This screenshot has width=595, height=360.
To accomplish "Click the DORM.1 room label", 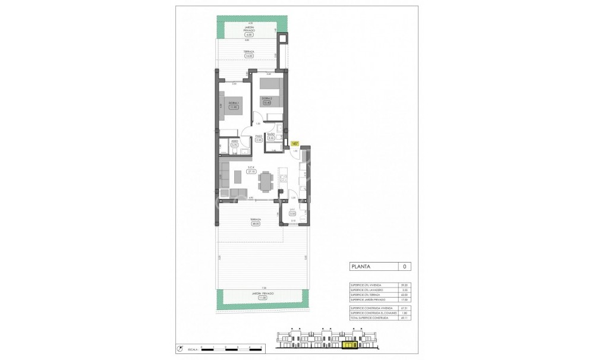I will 234,103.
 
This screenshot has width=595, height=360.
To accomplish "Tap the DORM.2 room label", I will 267,98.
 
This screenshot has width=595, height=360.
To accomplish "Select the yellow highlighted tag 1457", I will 295,143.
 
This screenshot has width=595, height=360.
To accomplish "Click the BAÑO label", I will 271,135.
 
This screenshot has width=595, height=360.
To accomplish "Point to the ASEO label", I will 234,141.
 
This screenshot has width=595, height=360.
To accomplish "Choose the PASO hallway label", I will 259,136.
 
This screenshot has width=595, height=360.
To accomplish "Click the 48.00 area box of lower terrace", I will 256,224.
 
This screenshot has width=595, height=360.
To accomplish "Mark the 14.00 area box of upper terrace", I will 248,56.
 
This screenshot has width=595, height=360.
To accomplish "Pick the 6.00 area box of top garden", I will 248,34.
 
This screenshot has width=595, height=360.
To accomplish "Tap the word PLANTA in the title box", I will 361,267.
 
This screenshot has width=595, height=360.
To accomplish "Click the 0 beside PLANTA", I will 404,267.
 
